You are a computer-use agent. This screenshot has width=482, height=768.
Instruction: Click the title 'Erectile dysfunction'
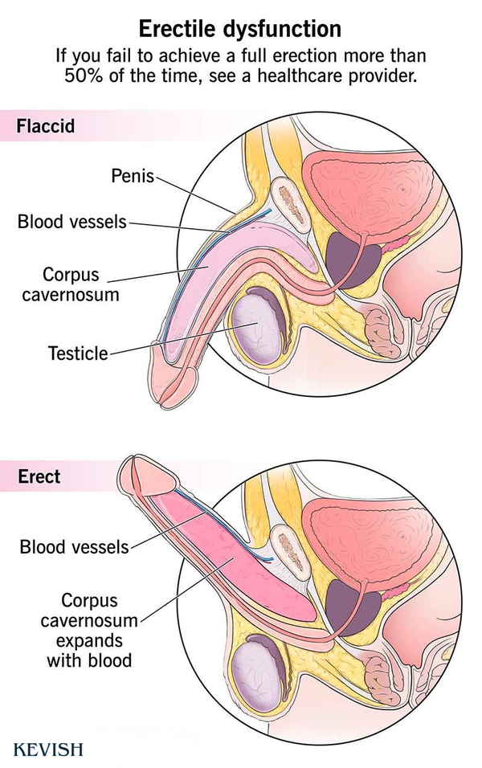(240, 29)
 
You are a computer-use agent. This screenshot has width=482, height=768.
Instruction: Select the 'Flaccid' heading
(46, 126)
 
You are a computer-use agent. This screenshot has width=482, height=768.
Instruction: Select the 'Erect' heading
(39, 476)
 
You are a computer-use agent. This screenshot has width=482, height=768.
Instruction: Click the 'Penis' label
(133, 175)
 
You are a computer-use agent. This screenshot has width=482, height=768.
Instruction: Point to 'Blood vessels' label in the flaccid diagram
(72, 222)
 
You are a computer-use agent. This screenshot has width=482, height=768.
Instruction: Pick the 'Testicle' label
(78, 353)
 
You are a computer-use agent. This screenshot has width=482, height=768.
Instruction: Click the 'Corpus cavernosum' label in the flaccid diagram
(71, 284)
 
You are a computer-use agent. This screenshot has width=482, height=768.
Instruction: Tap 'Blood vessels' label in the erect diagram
(74, 546)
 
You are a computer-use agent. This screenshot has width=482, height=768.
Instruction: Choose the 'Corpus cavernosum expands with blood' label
(89, 630)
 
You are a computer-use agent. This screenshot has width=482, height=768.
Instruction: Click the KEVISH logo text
(48, 749)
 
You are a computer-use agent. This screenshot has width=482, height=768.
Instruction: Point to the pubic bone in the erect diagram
(290, 551)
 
